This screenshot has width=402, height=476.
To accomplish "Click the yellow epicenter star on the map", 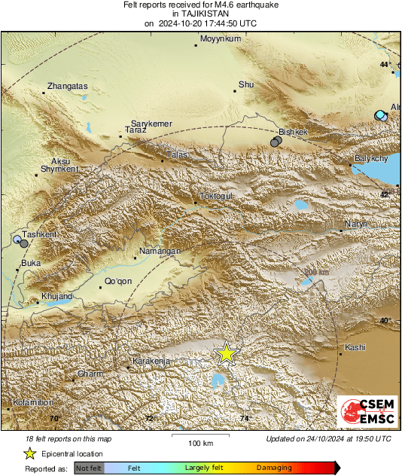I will point(226,353).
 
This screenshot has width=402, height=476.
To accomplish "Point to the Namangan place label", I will point(162,251).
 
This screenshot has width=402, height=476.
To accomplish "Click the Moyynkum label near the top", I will point(218,38).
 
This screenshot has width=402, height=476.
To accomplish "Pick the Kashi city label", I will point(355,347).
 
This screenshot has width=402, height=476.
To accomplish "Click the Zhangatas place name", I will point(67,86).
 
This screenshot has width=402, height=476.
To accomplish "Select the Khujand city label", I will point(56,296).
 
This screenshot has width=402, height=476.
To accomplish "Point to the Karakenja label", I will point(153,362).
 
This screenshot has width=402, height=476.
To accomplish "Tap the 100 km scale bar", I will point(200,435).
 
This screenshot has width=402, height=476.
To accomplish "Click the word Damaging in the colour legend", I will point(274,468).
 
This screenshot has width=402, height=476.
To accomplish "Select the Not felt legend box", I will point(90,468).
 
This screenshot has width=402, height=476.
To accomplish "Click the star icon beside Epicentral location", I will point(29,453).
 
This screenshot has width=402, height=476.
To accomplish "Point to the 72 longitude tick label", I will point(149,417).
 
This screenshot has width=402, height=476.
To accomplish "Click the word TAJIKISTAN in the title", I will point(200,14).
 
